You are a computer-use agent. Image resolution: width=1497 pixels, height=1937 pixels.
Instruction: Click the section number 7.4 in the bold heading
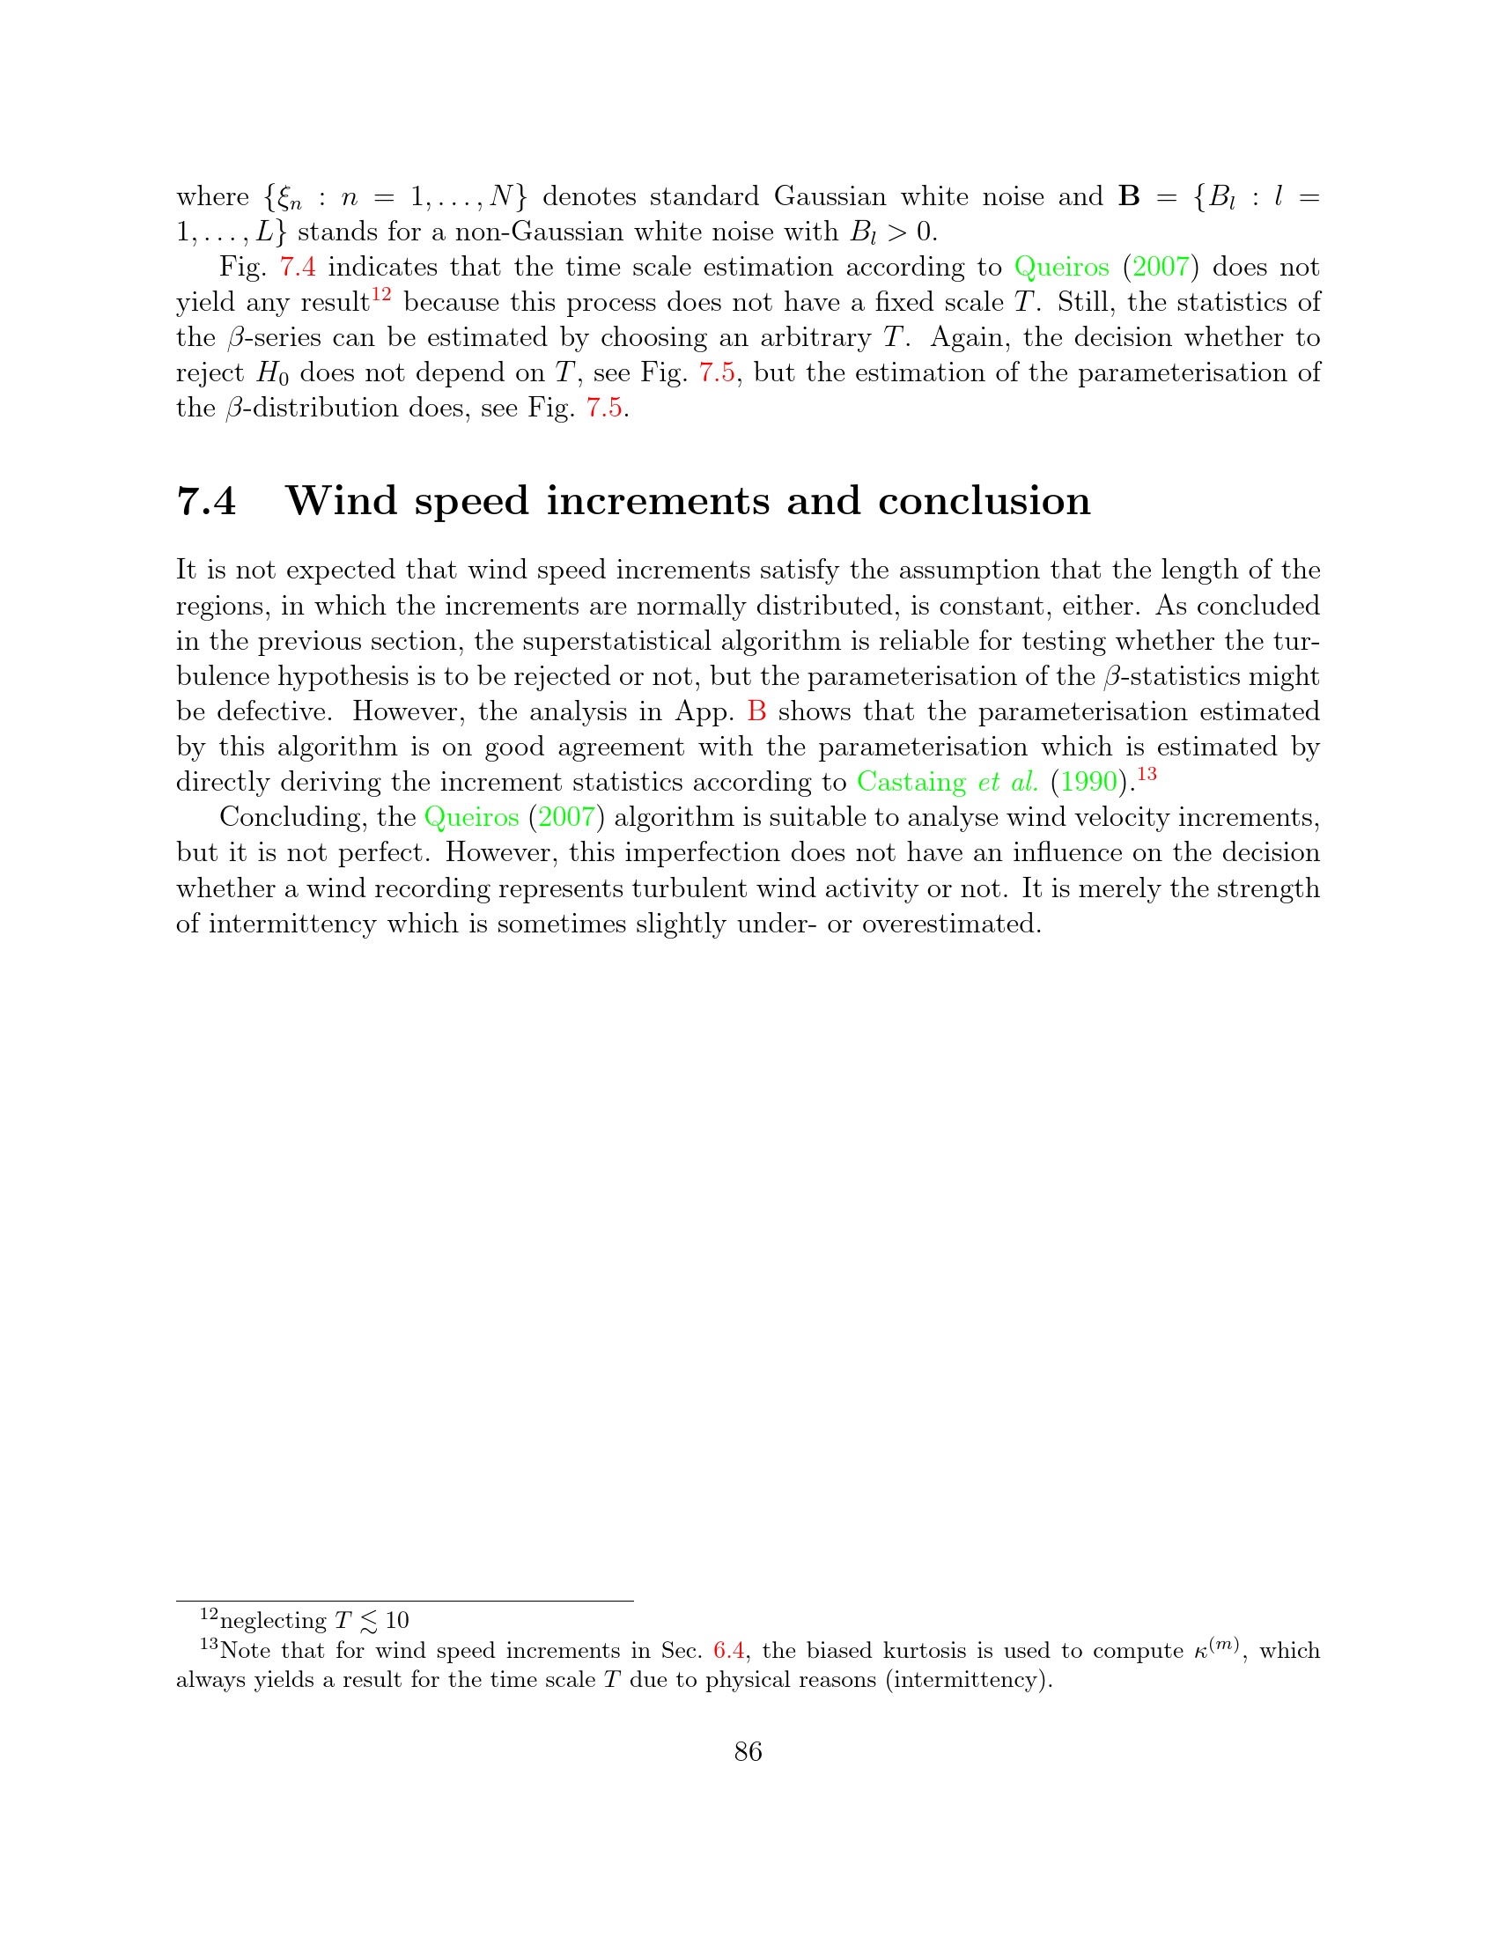(x=207, y=501)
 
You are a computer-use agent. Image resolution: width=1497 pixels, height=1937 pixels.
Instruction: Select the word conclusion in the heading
(x=984, y=501)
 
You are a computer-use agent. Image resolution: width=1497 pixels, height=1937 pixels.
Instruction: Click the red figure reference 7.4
(x=298, y=267)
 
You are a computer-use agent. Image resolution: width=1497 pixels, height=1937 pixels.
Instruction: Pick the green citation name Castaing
(x=911, y=782)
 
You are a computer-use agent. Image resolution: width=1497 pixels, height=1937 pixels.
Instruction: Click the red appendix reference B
(x=756, y=711)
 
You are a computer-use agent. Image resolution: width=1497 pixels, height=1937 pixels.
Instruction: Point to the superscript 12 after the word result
(x=381, y=293)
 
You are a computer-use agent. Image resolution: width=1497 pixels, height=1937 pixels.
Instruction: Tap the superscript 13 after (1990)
(x=1147, y=773)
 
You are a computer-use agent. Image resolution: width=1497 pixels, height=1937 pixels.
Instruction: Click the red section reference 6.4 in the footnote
(x=728, y=1651)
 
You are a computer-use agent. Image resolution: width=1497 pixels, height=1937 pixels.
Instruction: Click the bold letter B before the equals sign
(x=1129, y=196)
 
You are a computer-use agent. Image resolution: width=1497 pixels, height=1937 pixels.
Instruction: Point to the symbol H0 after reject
(x=272, y=373)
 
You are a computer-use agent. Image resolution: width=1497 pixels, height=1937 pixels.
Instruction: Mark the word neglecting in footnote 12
(x=273, y=1621)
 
